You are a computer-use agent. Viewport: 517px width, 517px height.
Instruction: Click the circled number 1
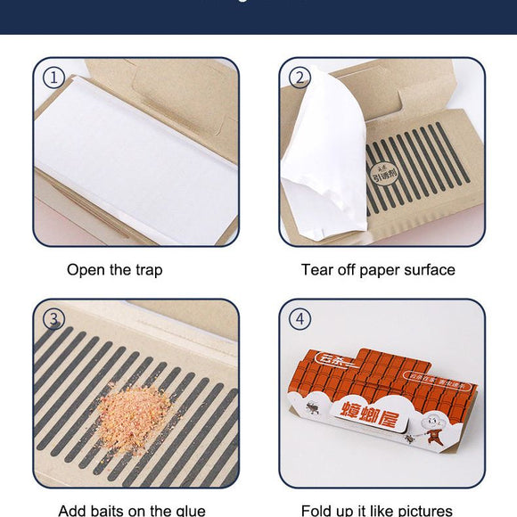[x=53, y=78]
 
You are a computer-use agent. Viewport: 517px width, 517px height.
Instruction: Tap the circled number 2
[x=300, y=78]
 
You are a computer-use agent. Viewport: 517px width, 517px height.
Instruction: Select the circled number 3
[x=53, y=319]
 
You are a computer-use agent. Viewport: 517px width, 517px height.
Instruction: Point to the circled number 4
[x=300, y=319]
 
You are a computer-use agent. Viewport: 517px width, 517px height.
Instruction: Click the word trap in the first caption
[x=148, y=270]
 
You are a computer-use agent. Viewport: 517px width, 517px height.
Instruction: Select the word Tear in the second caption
[x=317, y=270]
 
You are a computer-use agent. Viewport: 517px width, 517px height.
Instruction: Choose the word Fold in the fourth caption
[x=318, y=511]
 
